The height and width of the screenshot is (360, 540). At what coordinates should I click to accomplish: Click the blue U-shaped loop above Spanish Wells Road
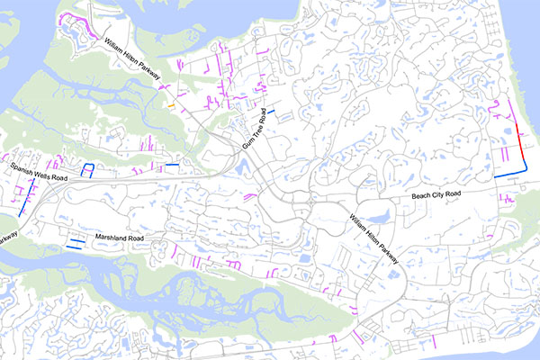(x=88, y=170)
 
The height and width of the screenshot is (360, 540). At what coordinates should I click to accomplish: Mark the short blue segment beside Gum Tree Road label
(x=270, y=111)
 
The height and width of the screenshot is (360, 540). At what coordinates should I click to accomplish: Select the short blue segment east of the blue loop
(x=172, y=165)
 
